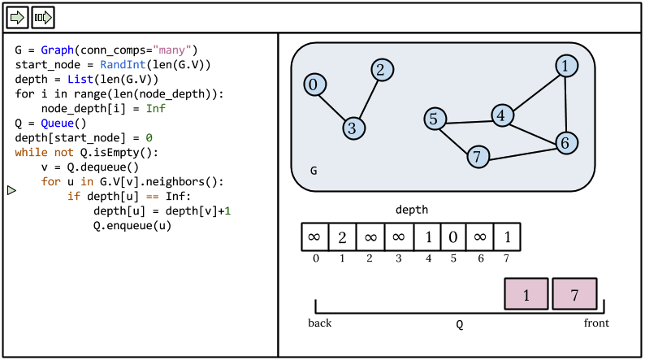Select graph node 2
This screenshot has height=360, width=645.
[381, 70]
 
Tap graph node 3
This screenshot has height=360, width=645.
[352, 128]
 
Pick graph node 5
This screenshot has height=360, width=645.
[435, 119]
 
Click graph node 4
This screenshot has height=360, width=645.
[502, 115]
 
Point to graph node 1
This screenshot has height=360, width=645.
[567, 66]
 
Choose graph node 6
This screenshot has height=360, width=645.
[566, 142]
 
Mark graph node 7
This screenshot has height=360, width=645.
[478, 156]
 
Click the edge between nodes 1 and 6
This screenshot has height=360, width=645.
[567, 104]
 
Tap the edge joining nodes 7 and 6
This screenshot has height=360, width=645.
[522, 150]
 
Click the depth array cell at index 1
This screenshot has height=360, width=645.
[342, 237]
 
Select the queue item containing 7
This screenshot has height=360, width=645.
[575, 294]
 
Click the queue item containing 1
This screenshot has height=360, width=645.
[527, 294]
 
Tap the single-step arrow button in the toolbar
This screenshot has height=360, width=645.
[18, 16]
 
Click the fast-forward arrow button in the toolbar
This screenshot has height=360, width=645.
[43, 16]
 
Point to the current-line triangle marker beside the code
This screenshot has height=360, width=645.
[11, 190]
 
